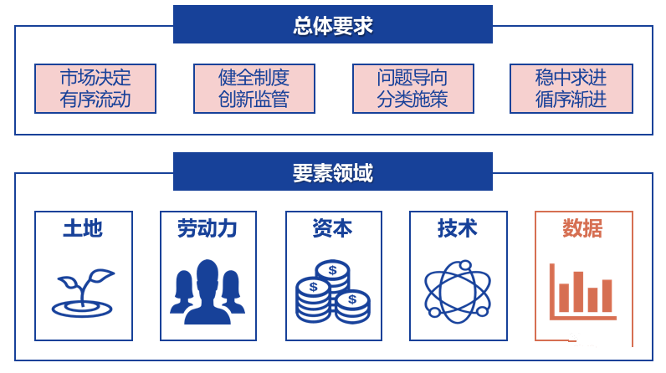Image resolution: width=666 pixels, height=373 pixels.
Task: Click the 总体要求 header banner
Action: coord(332,24)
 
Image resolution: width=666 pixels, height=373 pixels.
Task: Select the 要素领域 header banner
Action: coord(332,171)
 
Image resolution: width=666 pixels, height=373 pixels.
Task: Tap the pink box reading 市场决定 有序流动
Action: coord(95,89)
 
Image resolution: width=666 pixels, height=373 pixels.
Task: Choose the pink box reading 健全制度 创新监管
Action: coord(254,89)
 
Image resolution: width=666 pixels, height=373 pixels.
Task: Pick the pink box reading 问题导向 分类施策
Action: coord(412,89)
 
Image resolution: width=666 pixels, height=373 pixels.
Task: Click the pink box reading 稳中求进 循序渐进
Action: coord(571,89)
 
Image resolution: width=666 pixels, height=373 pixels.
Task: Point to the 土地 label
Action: coord(83,228)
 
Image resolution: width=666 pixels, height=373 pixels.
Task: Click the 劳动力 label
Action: coord(207,228)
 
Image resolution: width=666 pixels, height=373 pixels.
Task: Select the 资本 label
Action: coord(332,228)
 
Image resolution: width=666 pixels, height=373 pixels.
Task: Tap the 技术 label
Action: coord(458,228)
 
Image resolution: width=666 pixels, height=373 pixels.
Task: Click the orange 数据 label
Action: coord(582,228)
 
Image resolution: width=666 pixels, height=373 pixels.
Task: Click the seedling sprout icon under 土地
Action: coord(83,293)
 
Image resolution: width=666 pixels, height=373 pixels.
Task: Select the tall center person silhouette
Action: coord(207,292)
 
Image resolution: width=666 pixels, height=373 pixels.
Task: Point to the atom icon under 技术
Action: coord(458,292)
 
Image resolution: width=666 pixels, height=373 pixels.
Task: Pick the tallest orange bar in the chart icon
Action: coord(578,292)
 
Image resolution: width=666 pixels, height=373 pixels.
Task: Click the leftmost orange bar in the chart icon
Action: coord(564,298)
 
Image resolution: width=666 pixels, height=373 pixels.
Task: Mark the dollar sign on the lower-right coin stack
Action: coord(352,299)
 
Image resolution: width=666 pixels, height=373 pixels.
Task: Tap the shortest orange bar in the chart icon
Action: coord(592,299)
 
